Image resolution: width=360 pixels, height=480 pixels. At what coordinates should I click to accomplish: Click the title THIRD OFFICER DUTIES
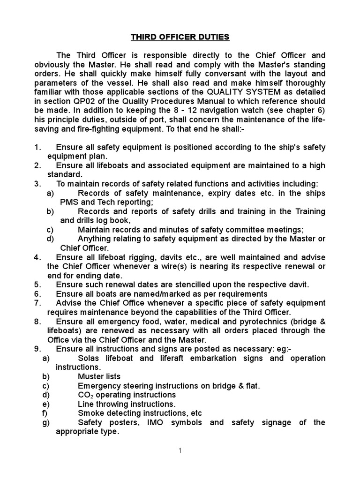point(180,36)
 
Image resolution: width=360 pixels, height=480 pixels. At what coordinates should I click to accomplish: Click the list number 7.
point(37,303)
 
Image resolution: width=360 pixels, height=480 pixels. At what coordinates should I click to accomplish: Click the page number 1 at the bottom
point(180,451)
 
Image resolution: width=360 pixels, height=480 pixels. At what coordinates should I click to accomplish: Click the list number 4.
point(37,257)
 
